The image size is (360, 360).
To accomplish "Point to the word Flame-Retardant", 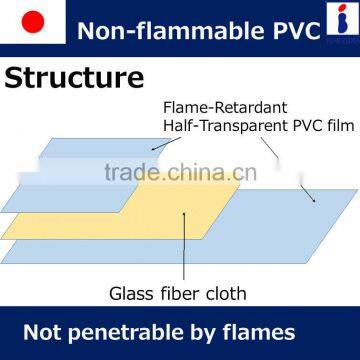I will [x=212, y=108].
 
